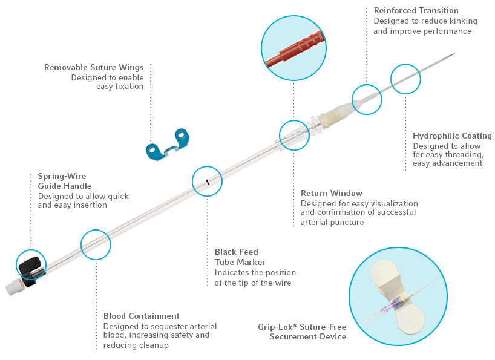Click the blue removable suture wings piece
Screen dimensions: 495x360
click(166, 146)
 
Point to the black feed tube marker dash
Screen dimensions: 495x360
click(207, 182)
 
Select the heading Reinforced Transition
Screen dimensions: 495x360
click(416, 10)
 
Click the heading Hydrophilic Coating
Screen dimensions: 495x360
click(452, 136)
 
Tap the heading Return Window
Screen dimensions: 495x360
click(332, 193)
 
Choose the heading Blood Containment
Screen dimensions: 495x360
click(142, 316)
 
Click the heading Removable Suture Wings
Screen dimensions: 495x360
click(94, 67)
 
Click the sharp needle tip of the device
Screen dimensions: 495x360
click(454, 54)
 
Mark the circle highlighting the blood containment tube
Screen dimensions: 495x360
click(96, 245)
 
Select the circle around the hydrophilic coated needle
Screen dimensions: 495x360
click(405, 79)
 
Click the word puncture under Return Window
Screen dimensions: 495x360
click(347, 223)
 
